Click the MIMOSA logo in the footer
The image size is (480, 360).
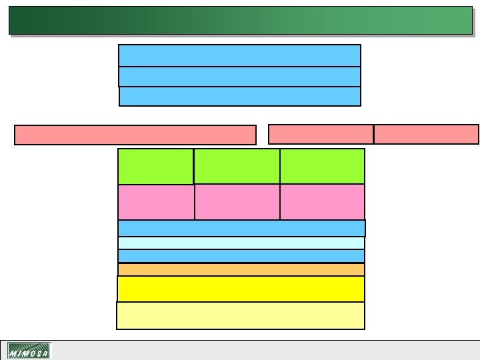tap(28, 351)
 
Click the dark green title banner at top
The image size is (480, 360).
tap(240, 20)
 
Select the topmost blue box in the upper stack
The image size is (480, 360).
tap(239, 55)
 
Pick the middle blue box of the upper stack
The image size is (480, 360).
tap(239, 77)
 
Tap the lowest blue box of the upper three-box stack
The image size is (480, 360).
tap(239, 97)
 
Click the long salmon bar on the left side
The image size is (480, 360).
tap(135, 135)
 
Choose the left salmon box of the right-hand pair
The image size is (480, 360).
tap(321, 134)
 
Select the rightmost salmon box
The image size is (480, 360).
tap(426, 134)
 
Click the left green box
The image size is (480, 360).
tap(155, 166)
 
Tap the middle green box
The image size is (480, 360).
tap(237, 166)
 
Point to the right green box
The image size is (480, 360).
tap(323, 166)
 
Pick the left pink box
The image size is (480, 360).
tap(155, 202)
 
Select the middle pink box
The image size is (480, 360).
tap(237, 202)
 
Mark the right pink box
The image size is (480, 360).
tap(323, 202)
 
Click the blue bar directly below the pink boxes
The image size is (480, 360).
tap(241, 228)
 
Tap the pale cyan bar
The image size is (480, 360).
tap(241, 243)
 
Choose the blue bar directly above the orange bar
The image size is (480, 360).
tap(241, 256)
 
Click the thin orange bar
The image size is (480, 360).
tap(241, 269)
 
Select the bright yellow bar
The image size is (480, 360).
tap(241, 289)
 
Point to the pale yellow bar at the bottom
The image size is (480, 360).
tap(241, 315)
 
